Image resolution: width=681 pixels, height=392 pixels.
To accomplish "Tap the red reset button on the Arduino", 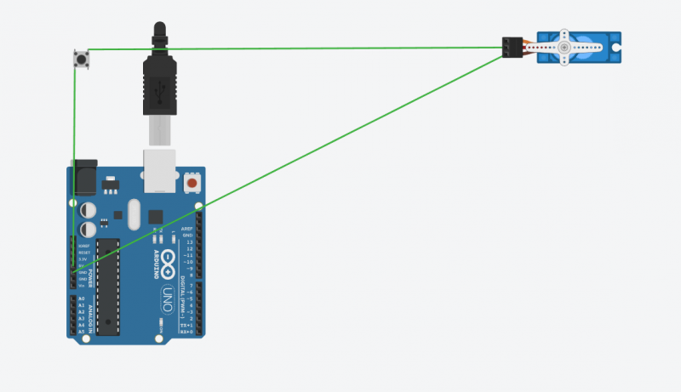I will click(x=192, y=184).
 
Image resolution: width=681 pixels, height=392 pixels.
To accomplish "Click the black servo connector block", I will click(x=512, y=48).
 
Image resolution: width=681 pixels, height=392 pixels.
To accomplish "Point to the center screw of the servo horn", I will click(x=564, y=48).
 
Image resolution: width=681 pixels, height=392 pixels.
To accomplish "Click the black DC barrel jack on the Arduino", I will click(x=83, y=177).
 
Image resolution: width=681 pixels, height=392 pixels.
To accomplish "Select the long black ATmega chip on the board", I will click(x=107, y=286).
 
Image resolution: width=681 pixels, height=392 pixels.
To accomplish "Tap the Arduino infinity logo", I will click(x=169, y=260).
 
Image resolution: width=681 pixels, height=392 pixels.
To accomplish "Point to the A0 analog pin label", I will click(x=82, y=299).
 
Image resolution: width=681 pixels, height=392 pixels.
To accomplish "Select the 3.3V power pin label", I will click(x=83, y=258).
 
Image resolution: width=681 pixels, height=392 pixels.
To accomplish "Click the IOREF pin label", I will click(x=84, y=246).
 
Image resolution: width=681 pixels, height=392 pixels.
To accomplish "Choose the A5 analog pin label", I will click(x=82, y=332).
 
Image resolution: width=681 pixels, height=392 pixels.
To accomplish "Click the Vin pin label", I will click(x=83, y=285).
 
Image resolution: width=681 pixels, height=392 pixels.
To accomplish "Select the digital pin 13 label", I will click(x=189, y=241).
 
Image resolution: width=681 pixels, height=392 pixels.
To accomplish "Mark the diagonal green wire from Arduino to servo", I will click(x=298, y=161).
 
